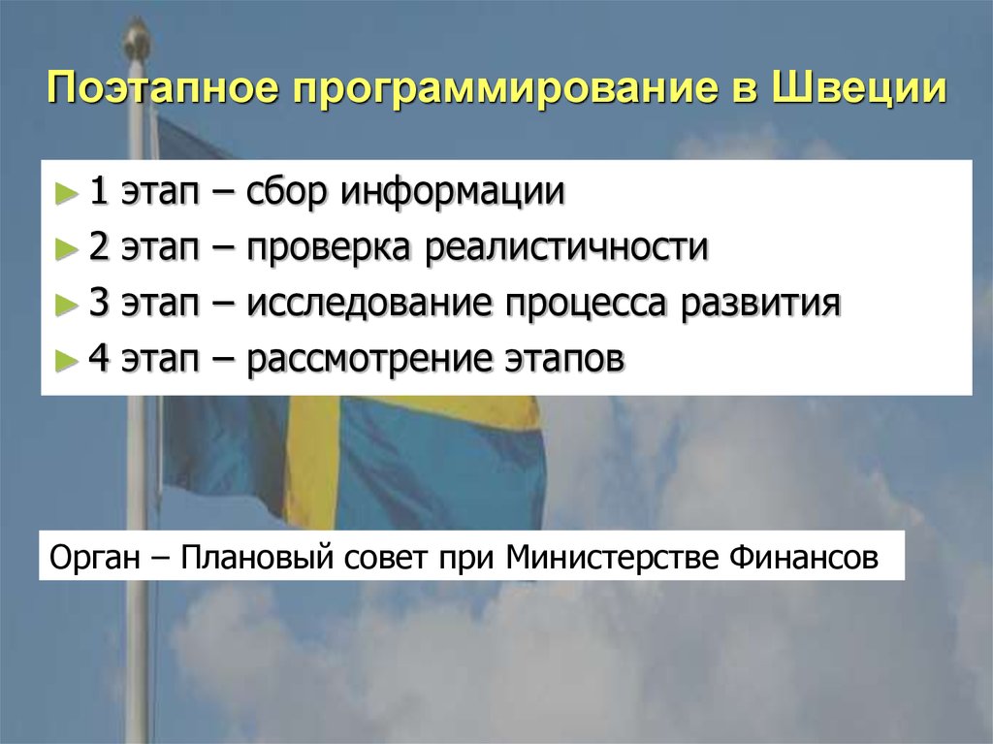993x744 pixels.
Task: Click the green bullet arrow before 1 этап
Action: click(66, 192)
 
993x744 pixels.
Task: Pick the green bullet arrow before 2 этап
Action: click(66, 248)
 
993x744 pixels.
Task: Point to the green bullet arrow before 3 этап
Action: click(66, 305)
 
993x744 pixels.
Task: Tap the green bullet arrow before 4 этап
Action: click(66, 361)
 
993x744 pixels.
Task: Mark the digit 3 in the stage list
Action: click(99, 305)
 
